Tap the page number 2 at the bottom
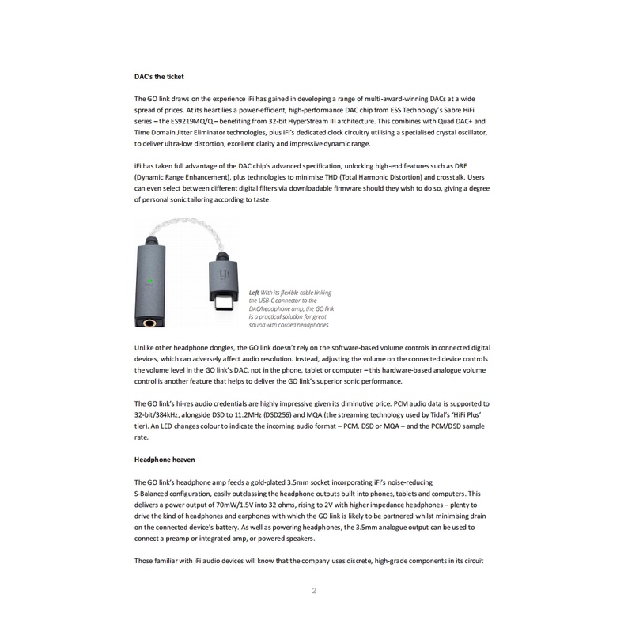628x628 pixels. tap(314, 591)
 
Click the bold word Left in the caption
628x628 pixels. tap(254, 292)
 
